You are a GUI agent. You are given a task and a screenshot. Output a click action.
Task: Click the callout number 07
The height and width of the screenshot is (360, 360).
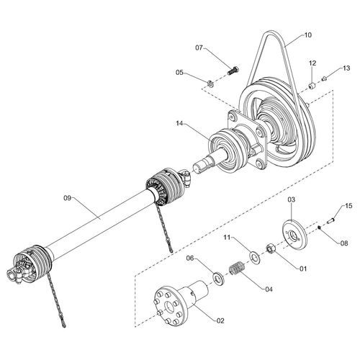tap(199, 48)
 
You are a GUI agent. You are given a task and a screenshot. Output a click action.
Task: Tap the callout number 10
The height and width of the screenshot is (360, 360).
tap(307, 35)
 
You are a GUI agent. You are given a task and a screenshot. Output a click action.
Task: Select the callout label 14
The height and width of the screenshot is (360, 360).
tap(179, 123)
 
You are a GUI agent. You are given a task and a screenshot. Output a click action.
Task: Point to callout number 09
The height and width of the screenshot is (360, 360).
tap(68, 198)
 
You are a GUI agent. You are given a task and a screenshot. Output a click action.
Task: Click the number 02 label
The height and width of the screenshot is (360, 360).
tap(220, 320)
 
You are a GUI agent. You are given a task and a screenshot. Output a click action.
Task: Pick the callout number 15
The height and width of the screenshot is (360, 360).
tap(348, 206)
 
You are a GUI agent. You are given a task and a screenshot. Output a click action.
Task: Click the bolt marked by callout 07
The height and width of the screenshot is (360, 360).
tap(233, 71)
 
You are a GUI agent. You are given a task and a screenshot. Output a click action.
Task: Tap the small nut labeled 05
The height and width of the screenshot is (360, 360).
tap(211, 84)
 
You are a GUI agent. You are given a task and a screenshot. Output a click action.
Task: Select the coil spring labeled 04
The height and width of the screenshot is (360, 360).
tap(237, 269)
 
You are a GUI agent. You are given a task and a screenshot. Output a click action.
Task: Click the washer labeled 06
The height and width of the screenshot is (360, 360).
tap(218, 279)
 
